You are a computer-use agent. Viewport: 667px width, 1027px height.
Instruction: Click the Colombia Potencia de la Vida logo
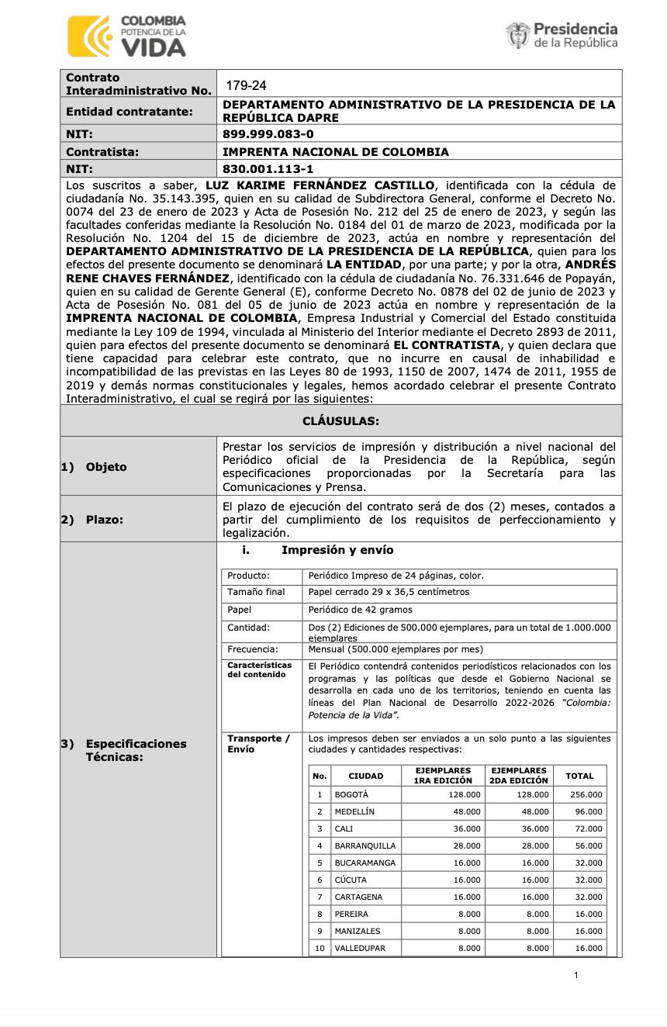click(127, 36)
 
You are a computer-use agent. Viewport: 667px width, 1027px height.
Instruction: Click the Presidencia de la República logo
click(562, 36)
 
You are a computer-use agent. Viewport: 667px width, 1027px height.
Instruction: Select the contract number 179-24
click(240, 85)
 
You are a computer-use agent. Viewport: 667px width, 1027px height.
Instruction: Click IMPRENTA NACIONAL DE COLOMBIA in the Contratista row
click(336, 152)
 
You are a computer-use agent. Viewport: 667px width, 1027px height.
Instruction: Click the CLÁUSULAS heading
click(340, 420)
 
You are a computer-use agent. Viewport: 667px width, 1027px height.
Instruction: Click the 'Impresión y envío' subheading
click(337, 550)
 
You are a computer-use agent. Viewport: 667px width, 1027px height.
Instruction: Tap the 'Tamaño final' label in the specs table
click(256, 592)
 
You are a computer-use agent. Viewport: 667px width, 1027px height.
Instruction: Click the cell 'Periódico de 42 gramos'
click(361, 610)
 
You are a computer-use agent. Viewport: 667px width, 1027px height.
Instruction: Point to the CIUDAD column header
click(365, 776)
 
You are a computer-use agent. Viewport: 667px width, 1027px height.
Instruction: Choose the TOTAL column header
click(579, 776)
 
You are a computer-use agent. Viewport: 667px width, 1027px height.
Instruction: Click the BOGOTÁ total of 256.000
click(586, 794)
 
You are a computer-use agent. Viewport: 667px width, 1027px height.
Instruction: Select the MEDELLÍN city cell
click(354, 811)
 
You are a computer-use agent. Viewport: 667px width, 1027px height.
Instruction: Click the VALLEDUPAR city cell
click(360, 948)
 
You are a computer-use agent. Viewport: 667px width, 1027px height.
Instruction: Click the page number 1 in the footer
click(576, 975)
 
